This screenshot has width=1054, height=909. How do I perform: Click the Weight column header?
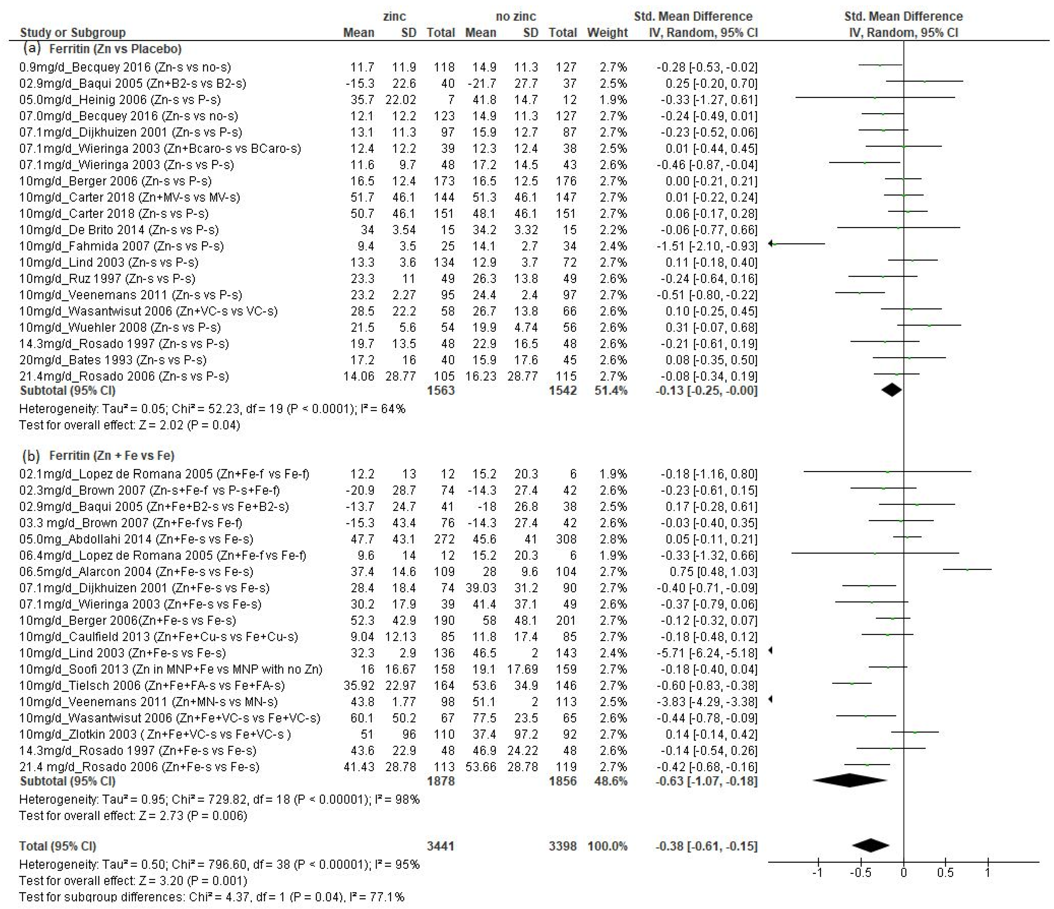pyautogui.click(x=607, y=32)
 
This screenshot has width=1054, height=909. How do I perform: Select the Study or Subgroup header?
pyautogui.click(x=73, y=32)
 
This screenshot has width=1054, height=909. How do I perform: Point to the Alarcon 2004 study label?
pyautogui.click(x=136, y=572)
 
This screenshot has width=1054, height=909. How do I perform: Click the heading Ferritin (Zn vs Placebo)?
pyautogui.click(x=115, y=49)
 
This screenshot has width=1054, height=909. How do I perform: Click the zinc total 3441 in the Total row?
pyautogui.click(x=441, y=846)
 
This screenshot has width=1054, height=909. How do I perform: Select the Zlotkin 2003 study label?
pyautogui.click(x=155, y=735)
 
